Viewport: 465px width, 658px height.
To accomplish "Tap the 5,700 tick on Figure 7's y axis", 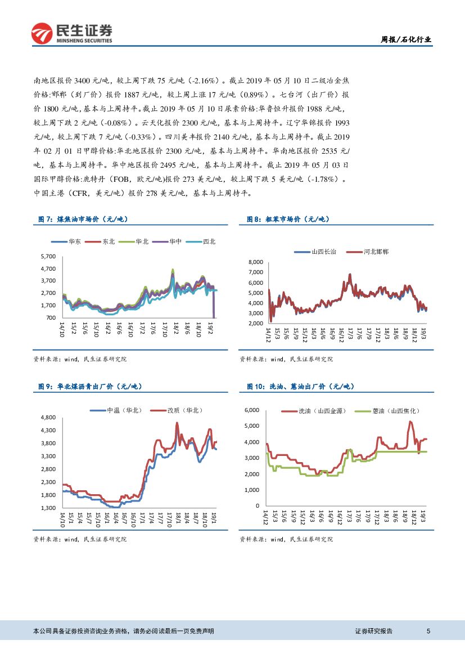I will (48, 256).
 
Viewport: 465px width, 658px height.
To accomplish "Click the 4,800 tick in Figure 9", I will (48, 417).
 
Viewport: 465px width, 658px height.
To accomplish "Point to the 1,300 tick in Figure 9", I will (48, 508).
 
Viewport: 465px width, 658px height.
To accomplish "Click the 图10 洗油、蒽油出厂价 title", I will (301, 386).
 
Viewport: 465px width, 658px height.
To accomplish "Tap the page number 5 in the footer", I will (428, 632).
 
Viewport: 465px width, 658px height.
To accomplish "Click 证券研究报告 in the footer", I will (374, 632).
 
